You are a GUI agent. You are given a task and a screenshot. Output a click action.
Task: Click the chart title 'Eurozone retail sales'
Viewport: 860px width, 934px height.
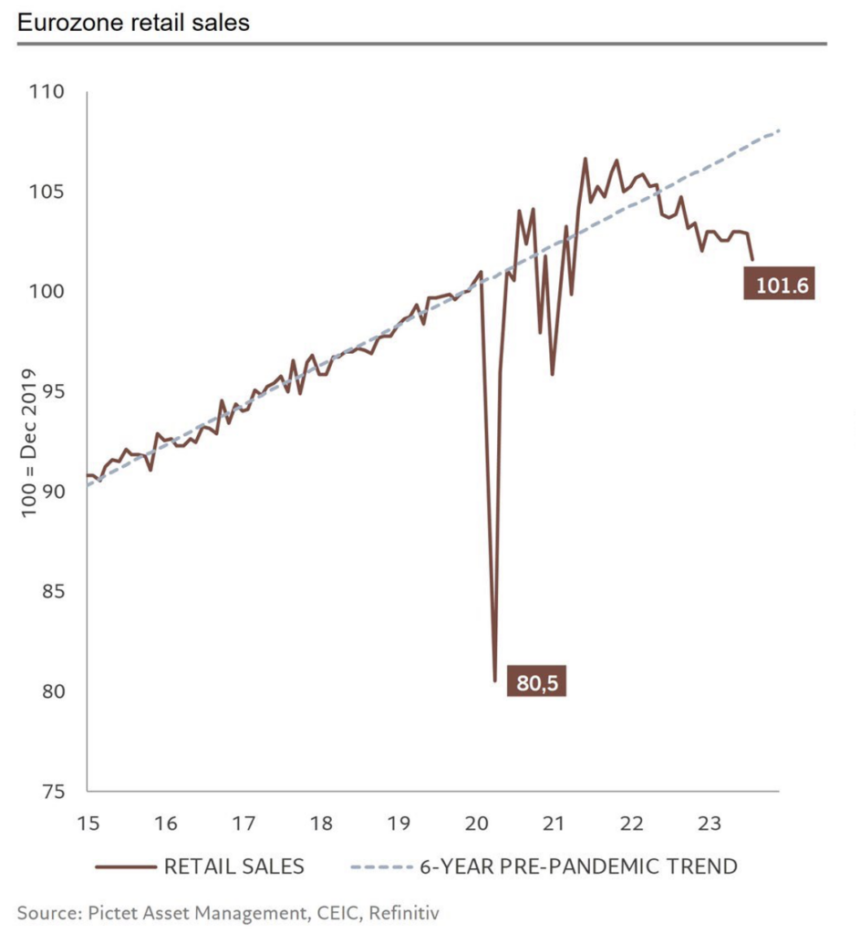[133, 23]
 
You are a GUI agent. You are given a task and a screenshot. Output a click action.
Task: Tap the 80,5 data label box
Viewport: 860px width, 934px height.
[535, 682]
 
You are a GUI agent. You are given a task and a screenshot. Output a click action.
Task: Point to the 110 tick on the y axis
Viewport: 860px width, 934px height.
[47, 92]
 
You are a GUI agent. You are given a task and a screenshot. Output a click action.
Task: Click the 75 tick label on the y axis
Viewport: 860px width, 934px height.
[52, 791]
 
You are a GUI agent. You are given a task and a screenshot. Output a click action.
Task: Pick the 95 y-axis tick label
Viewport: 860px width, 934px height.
[52, 391]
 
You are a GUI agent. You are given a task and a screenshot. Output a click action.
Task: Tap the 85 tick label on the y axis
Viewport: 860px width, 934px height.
[52, 591]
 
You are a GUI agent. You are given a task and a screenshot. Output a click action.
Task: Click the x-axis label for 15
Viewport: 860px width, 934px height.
[87, 824]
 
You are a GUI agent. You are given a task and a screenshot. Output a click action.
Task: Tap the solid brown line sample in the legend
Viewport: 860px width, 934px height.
[124, 866]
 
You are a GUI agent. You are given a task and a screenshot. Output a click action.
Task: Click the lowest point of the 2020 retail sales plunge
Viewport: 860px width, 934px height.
[495, 680]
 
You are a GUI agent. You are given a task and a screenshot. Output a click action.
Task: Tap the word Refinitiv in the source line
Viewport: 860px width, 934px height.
[411, 911]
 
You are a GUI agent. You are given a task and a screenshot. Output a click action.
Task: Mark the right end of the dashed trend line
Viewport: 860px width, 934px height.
[780, 131]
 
